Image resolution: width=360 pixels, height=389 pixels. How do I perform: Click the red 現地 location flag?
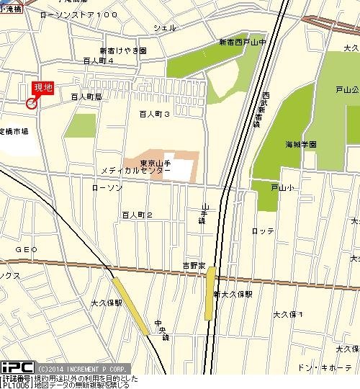coord(43,88)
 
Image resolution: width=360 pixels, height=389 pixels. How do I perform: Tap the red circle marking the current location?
coord(31,104)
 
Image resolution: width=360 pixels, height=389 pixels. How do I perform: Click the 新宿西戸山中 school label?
coord(243,43)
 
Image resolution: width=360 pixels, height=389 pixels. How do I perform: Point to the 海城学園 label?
coord(301,144)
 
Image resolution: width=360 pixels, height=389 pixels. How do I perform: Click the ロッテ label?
coord(263,231)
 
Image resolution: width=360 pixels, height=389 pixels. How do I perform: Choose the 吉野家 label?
coord(194,267)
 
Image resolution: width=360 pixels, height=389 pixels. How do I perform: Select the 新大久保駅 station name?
coord(233,295)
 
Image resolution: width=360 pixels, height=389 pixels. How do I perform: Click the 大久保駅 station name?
coord(107,303)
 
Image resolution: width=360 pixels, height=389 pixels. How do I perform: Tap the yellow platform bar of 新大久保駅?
coord(210,293)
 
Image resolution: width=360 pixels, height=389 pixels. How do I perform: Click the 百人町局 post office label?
coord(86,96)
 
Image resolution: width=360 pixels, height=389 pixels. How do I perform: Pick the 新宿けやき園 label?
coord(122,51)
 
